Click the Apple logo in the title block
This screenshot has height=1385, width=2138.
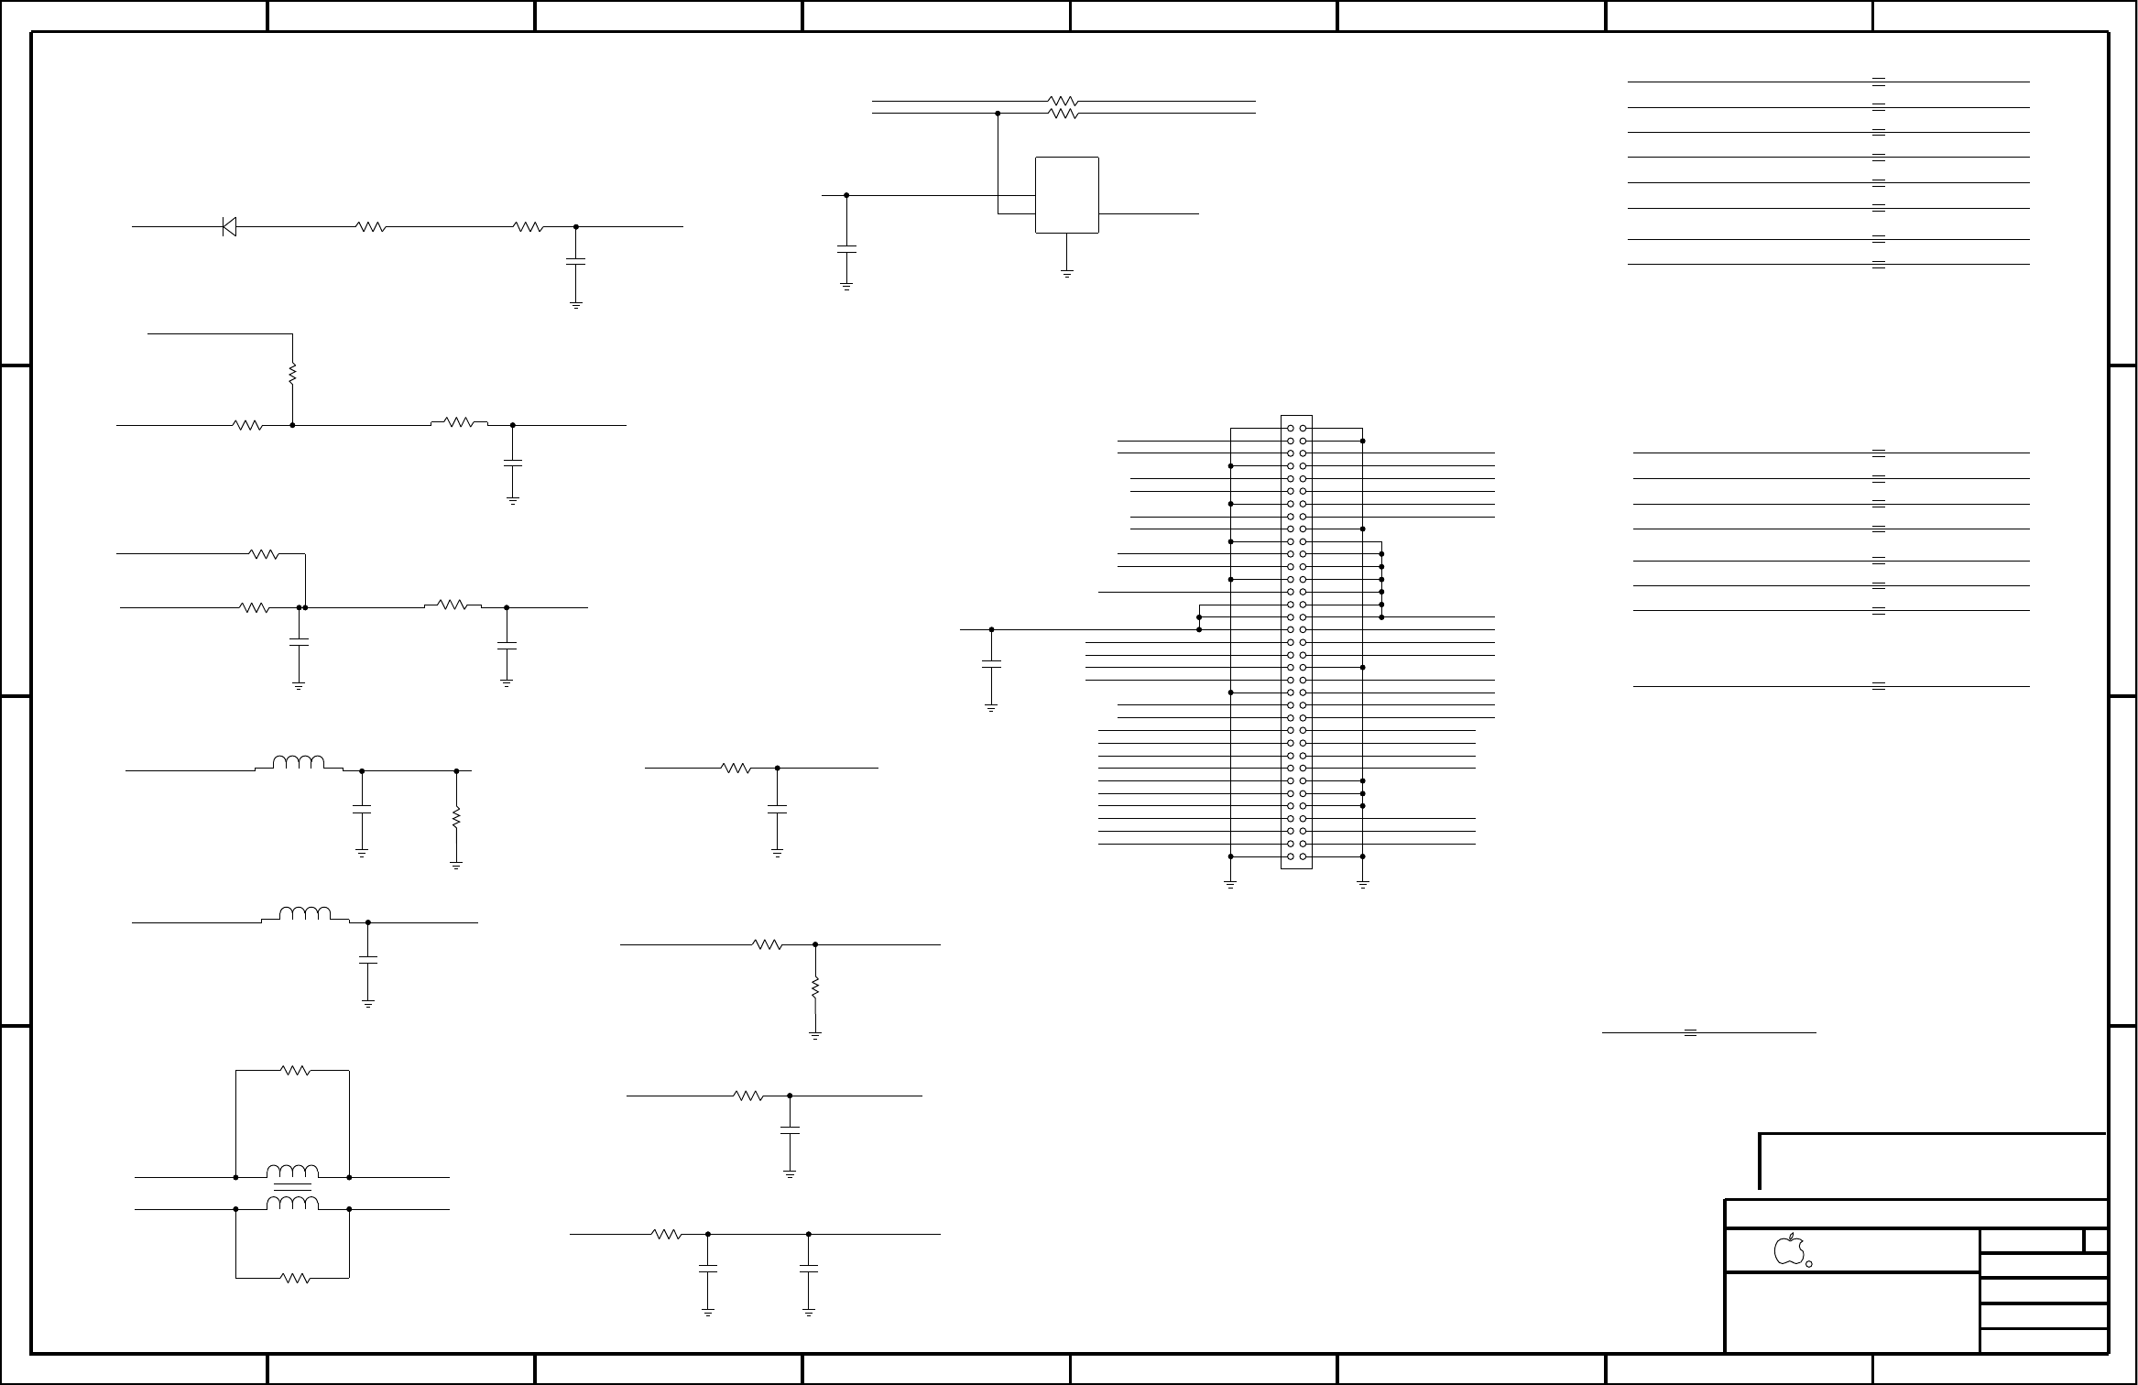tap(1788, 1249)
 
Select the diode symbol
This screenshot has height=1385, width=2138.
tap(229, 226)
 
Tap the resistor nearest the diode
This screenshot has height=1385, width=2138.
tap(370, 226)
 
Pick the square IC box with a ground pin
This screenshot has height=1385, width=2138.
tap(1066, 195)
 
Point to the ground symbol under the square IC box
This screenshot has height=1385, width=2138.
tap(1067, 272)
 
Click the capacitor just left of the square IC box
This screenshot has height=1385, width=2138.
tap(846, 247)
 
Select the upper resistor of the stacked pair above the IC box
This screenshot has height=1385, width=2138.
tap(1063, 101)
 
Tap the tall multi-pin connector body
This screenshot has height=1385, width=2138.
tap(1296, 641)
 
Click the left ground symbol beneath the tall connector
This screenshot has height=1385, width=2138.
tap(1230, 885)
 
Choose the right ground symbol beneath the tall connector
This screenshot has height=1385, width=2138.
tap(1363, 885)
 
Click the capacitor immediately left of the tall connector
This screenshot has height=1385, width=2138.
tap(991, 664)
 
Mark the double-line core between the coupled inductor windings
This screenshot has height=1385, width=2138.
tap(293, 1193)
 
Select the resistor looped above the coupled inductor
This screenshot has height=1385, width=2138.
tap(296, 1070)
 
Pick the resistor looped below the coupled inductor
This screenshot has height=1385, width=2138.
tap(296, 1278)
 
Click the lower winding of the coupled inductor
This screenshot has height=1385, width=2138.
tap(293, 1204)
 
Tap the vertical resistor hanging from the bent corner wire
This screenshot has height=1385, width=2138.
tap(292, 374)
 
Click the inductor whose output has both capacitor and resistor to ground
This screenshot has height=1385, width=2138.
tap(299, 763)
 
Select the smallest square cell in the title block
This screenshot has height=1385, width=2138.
tap(2094, 1241)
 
